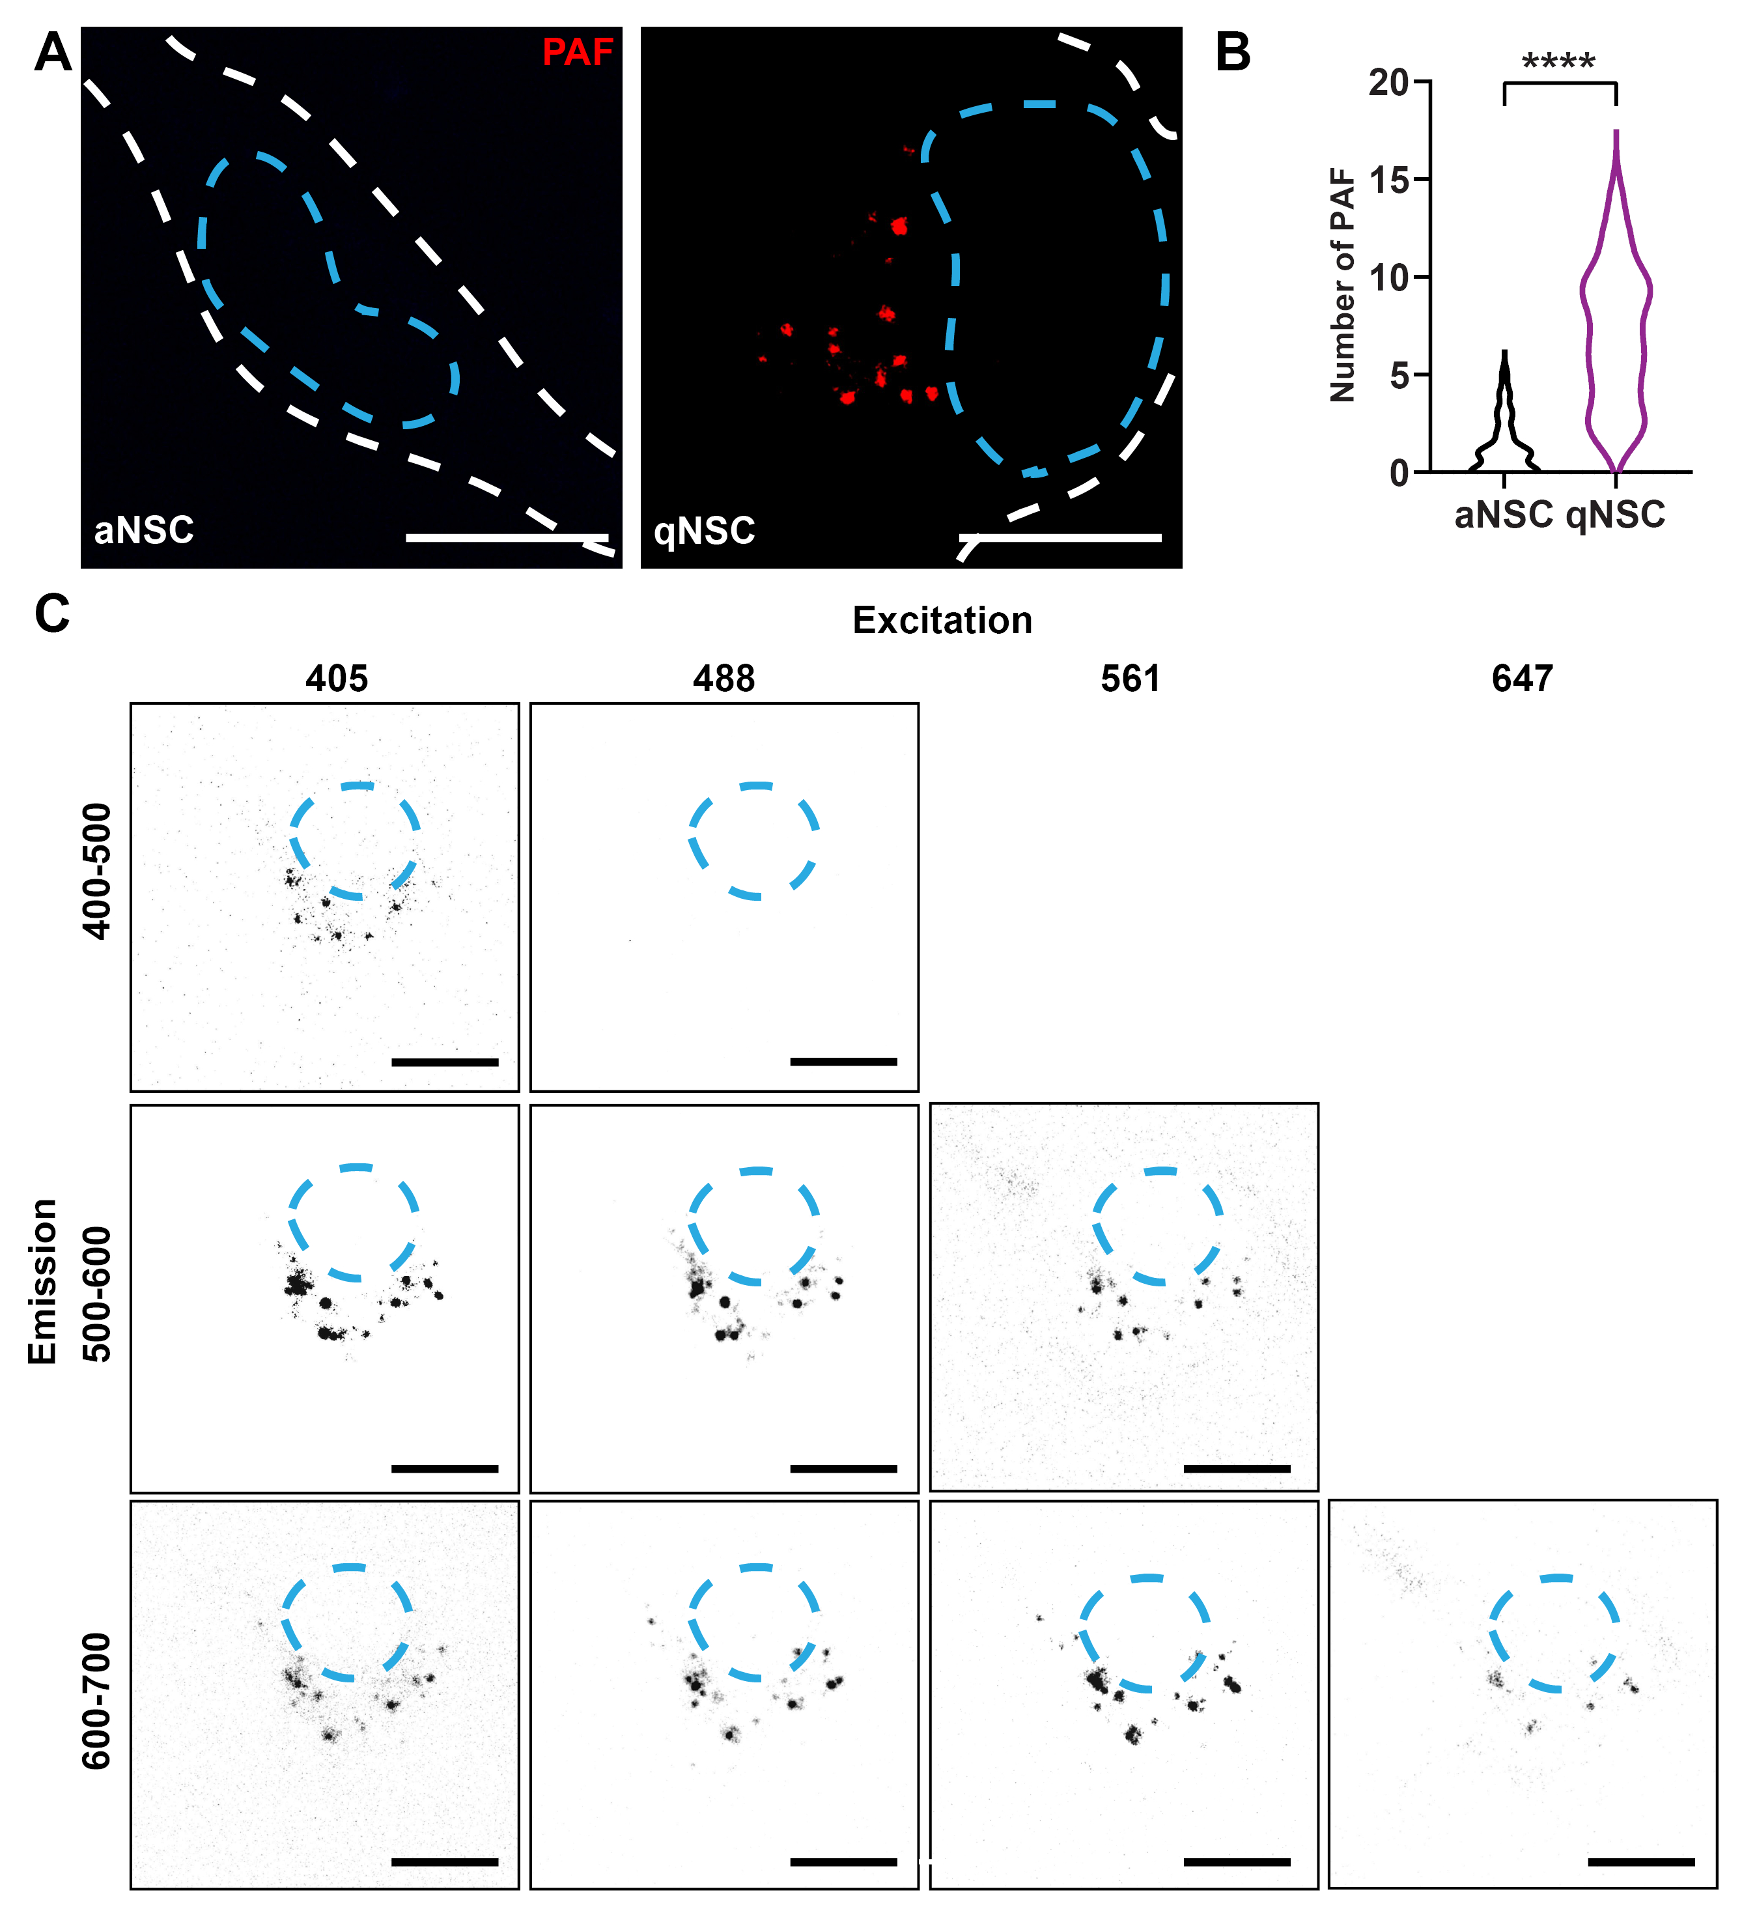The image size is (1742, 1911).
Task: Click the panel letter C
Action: [x=52, y=614]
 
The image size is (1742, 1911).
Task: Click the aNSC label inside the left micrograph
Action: [x=144, y=530]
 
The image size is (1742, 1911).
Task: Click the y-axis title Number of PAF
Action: [x=1343, y=285]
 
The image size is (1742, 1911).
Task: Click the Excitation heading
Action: [x=942, y=620]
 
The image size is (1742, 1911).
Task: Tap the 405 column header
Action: [x=337, y=679]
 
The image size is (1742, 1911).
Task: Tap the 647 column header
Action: [x=1522, y=679]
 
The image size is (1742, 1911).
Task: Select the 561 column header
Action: [x=1130, y=679]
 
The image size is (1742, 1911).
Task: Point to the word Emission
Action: [x=42, y=1282]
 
